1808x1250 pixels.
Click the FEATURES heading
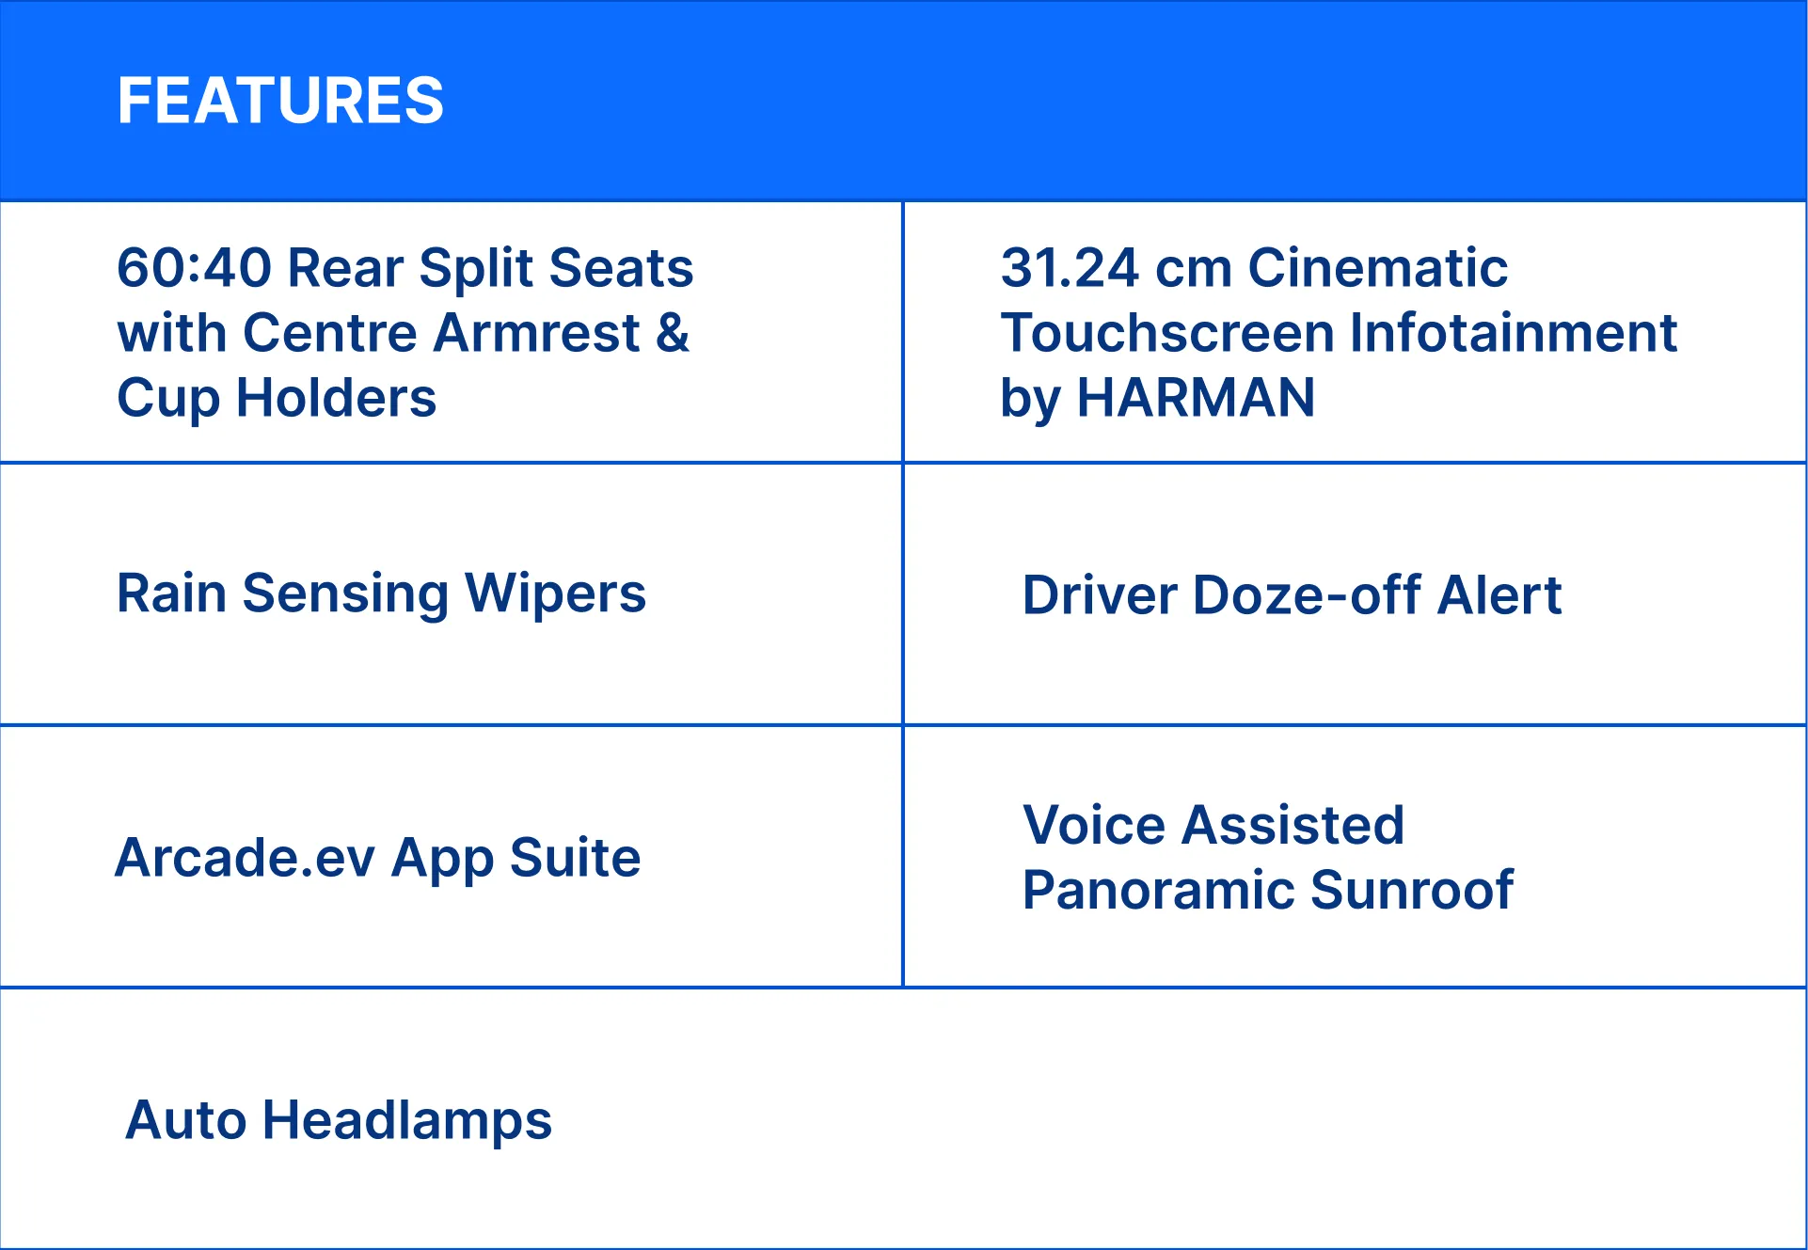pos(280,101)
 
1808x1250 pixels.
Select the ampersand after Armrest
pos(673,333)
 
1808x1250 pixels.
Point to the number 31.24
pos(1070,268)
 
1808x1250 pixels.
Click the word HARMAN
pos(1196,398)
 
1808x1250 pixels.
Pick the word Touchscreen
pos(1167,333)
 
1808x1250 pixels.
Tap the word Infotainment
pos(1514,333)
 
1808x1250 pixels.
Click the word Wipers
pos(555,595)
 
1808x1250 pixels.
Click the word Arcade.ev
pos(245,858)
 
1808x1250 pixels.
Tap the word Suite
pos(575,858)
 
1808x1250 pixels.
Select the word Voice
pos(1093,826)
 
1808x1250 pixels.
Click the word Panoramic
pos(1157,891)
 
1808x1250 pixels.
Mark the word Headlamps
pos(406,1122)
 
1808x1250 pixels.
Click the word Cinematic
pos(1378,268)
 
